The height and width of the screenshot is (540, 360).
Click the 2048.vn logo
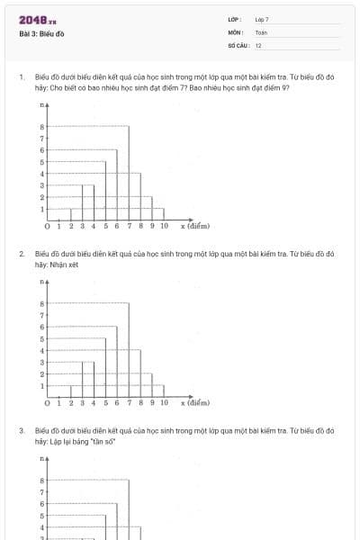click(x=36, y=20)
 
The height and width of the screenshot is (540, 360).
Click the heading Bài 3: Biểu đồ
click(x=41, y=34)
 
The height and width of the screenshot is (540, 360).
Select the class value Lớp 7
click(x=262, y=19)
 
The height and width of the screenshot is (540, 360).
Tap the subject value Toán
click(x=261, y=32)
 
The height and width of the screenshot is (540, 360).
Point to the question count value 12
click(x=258, y=45)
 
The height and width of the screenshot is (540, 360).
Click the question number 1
click(x=21, y=77)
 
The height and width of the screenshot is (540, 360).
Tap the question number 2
click(x=21, y=254)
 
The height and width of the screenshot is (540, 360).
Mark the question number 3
click(x=21, y=431)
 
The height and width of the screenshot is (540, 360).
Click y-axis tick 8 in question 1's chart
click(x=41, y=127)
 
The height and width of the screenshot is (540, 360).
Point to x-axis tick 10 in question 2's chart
click(x=164, y=403)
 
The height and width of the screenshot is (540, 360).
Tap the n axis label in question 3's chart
click(x=42, y=460)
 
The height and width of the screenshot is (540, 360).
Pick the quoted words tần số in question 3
click(x=102, y=442)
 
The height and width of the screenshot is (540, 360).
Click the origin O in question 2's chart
click(x=47, y=403)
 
